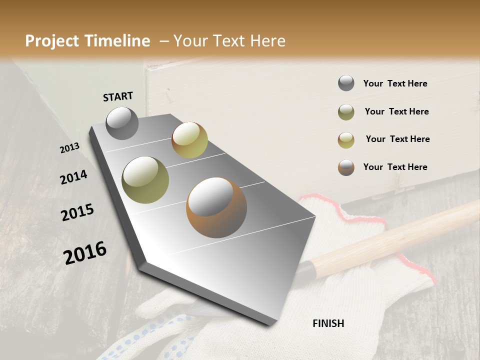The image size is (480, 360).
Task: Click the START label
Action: (x=118, y=96)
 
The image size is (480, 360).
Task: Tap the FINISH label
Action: (x=328, y=323)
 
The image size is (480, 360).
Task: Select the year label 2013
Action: (x=70, y=148)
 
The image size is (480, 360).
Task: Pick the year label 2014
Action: (x=73, y=177)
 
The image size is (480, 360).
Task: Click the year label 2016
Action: (x=85, y=253)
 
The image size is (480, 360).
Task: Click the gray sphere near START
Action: (x=122, y=123)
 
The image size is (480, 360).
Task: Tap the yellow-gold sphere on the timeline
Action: (x=189, y=140)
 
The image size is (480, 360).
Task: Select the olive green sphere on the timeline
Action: (x=145, y=180)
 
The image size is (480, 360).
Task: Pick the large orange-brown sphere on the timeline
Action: (x=216, y=207)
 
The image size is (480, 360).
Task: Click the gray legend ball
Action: (x=346, y=83)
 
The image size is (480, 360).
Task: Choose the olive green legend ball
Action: (x=346, y=112)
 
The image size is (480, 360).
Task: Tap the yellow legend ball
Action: (x=346, y=140)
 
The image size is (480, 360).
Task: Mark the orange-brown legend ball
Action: (x=346, y=167)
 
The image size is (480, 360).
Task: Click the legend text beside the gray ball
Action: (x=395, y=83)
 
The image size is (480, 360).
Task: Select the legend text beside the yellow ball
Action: (x=397, y=139)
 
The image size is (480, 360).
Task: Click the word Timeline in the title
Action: (x=117, y=41)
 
